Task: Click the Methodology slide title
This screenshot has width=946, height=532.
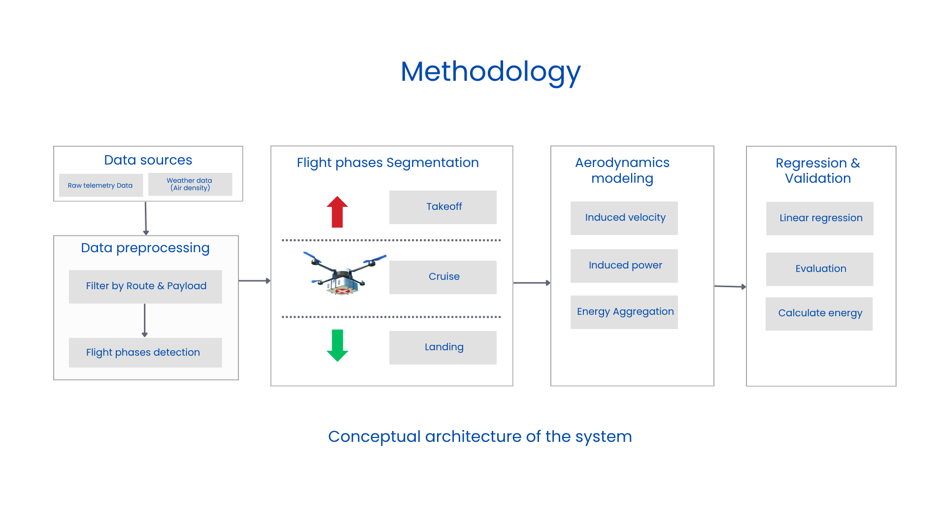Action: coord(490,72)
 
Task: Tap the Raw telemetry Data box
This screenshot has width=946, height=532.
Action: coord(101,185)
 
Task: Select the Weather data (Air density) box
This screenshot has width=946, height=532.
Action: coord(190,184)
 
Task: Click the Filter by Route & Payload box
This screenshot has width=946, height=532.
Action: coord(145,286)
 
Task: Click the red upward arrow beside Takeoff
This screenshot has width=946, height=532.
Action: coord(337,212)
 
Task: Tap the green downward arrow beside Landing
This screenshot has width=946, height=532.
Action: coord(337,345)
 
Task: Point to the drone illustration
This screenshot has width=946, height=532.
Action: coord(343,275)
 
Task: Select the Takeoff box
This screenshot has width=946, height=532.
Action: coord(442,207)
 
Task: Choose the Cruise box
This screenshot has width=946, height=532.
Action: coord(442,277)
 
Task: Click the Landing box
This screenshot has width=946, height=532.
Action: coord(442,347)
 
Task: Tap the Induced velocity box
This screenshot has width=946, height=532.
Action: coord(624,218)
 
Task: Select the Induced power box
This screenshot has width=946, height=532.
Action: coord(624,266)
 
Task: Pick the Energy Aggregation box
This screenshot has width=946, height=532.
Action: coord(624,312)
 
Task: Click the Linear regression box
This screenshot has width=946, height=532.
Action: coord(819,218)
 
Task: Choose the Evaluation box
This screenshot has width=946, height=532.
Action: coord(819,269)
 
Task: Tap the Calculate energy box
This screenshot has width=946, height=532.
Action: coord(819,313)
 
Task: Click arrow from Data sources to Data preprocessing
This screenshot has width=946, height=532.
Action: coord(145,218)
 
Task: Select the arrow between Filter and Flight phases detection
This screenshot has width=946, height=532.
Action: coord(144,320)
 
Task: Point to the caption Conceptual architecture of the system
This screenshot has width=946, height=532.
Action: coord(479,436)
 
